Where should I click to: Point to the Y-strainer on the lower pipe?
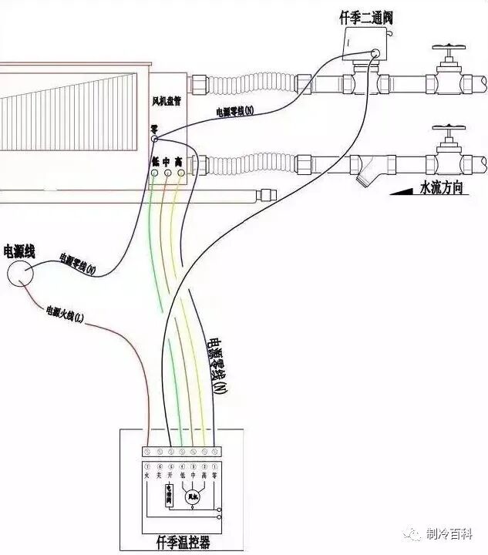click(x=363, y=170)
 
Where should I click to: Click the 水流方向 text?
click(x=440, y=187)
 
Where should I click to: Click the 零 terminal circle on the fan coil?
click(x=154, y=139)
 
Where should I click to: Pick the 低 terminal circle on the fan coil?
click(x=155, y=173)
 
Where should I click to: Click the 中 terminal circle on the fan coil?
click(x=167, y=173)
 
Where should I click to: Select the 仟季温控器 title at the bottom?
click(x=182, y=544)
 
